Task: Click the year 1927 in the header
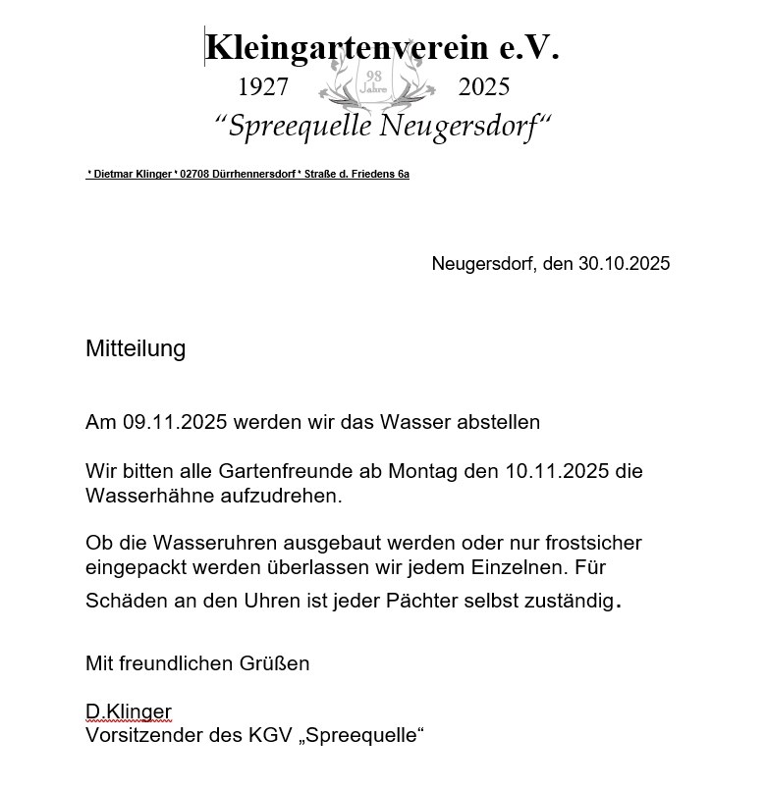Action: coord(263,87)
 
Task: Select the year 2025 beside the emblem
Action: coord(484,87)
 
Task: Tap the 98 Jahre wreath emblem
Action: coord(374,83)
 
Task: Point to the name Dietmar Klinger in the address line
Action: coord(133,175)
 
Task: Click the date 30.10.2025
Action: coord(624,264)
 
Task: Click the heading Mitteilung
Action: coord(136,348)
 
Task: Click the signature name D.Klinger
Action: coord(129,712)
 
